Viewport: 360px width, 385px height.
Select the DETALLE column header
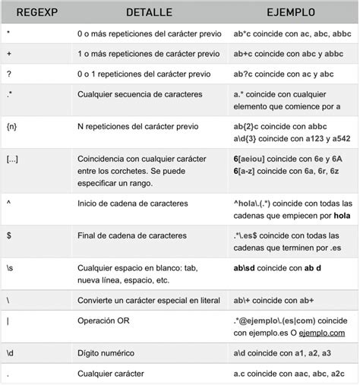(148, 13)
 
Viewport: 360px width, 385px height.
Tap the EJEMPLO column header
(292, 13)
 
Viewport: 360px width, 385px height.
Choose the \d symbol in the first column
(9, 354)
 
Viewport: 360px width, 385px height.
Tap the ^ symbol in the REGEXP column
(8, 203)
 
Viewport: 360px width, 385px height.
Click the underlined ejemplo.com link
(322, 333)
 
